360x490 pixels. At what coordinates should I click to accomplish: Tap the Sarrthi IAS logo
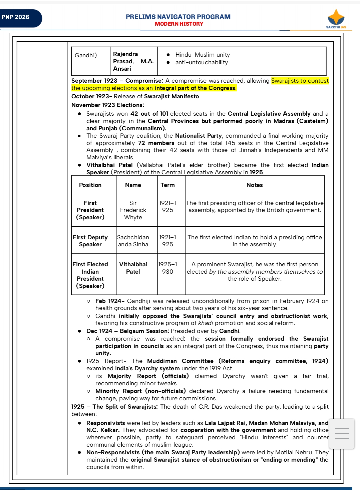click(336, 19)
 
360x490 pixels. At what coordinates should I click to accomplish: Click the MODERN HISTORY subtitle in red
click(179, 24)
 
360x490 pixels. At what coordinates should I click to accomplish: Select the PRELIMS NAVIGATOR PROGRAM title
click(178, 17)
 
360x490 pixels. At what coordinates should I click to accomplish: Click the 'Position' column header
click(90, 185)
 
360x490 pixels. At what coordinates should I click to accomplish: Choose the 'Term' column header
click(167, 185)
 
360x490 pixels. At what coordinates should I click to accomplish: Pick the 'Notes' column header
click(255, 185)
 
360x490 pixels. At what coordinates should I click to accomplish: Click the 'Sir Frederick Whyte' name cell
click(133, 210)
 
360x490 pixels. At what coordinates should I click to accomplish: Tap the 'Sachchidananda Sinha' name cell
click(133, 241)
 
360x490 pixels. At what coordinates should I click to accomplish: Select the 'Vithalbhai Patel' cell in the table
click(133, 268)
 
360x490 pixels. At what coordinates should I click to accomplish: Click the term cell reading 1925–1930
click(168, 268)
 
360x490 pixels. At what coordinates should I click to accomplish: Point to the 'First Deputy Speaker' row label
click(90, 241)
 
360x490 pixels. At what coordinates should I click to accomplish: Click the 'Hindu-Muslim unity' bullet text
click(203, 55)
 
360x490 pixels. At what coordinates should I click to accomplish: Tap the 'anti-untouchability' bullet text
click(202, 62)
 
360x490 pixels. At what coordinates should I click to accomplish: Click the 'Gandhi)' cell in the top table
click(86, 55)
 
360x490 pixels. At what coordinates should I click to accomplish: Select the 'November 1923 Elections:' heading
click(107, 105)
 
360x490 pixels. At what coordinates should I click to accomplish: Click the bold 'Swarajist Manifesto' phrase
click(171, 96)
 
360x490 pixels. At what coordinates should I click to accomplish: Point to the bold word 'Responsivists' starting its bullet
click(105, 423)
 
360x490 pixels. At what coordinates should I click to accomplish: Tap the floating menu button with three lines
click(342, 433)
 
